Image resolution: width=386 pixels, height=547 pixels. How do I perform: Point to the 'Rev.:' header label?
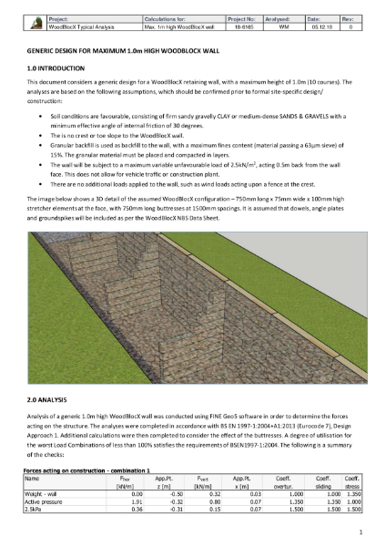[349, 17]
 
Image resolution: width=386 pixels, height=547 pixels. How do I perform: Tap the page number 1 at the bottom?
[361, 532]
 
